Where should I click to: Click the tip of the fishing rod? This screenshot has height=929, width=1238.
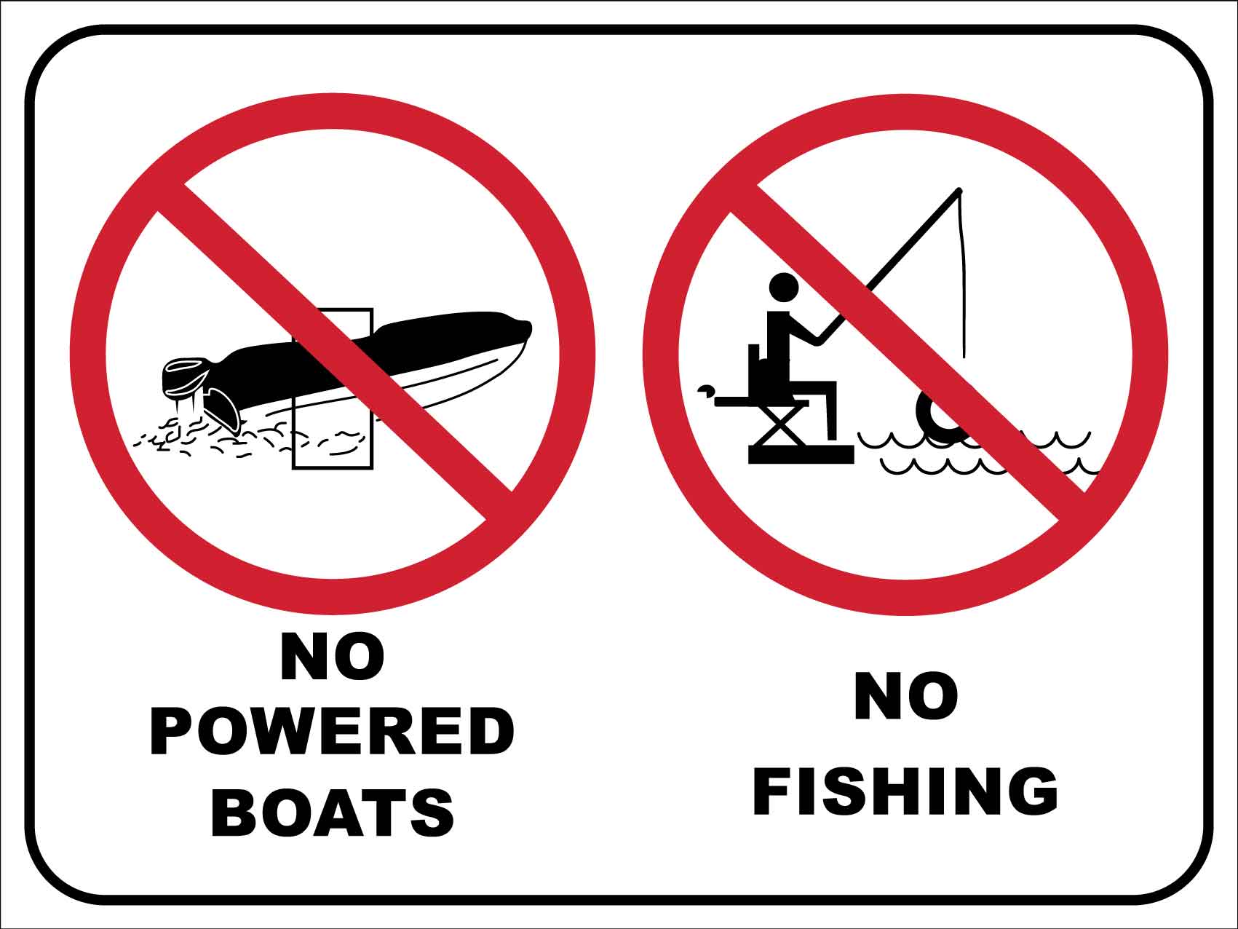[959, 190]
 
